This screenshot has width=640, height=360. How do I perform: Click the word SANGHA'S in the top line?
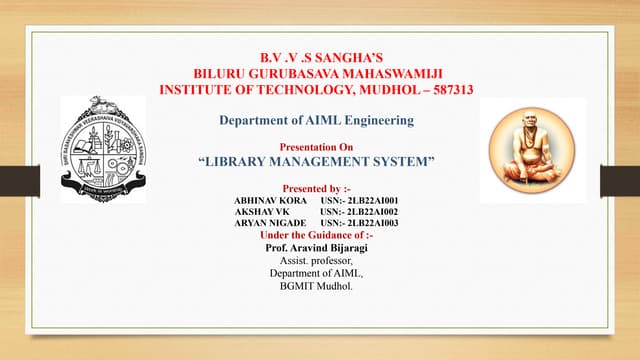tap(346, 57)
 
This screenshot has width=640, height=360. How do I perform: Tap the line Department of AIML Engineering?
tap(316, 121)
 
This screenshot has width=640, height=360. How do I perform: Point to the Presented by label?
tap(317, 188)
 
